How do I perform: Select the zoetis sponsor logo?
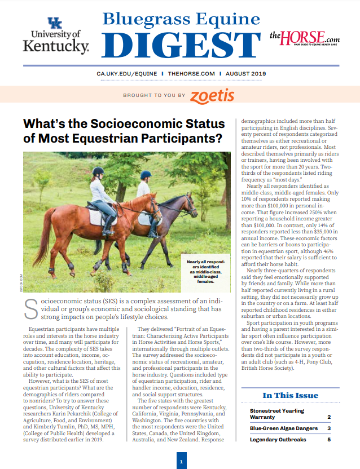pyautogui.click(x=212, y=95)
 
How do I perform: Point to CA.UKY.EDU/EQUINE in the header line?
pyautogui.click(x=120, y=73)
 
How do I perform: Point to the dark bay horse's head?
pyautogui.click(x=190, y=205)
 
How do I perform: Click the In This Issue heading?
pyautogui.click(x=291, y=396)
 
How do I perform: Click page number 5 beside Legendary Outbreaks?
pyautogui.click(x=329, y=439)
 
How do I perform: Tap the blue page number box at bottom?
pyautogui.click(x=181, y=462)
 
